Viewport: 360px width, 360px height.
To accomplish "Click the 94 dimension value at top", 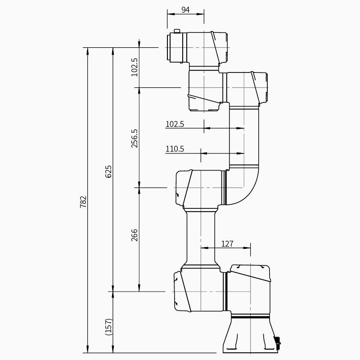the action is tap(185, 9).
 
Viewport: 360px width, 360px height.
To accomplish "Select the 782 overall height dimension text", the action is tap(83, 202).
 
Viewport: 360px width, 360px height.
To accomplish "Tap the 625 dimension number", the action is tap(108, 171).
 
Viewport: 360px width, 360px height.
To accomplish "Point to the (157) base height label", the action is tap(108, 327).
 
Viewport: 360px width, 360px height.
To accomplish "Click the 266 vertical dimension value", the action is tap(134, 235).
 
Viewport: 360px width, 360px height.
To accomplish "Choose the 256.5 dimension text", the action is tap(134, 138).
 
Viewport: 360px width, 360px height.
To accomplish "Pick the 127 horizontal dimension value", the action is tap(227, 243).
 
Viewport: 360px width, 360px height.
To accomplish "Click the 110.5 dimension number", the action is tap(175, 149).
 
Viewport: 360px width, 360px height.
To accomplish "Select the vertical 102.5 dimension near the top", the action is tap(134, 67).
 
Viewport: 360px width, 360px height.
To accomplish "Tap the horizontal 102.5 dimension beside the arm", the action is tap(175, 124).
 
